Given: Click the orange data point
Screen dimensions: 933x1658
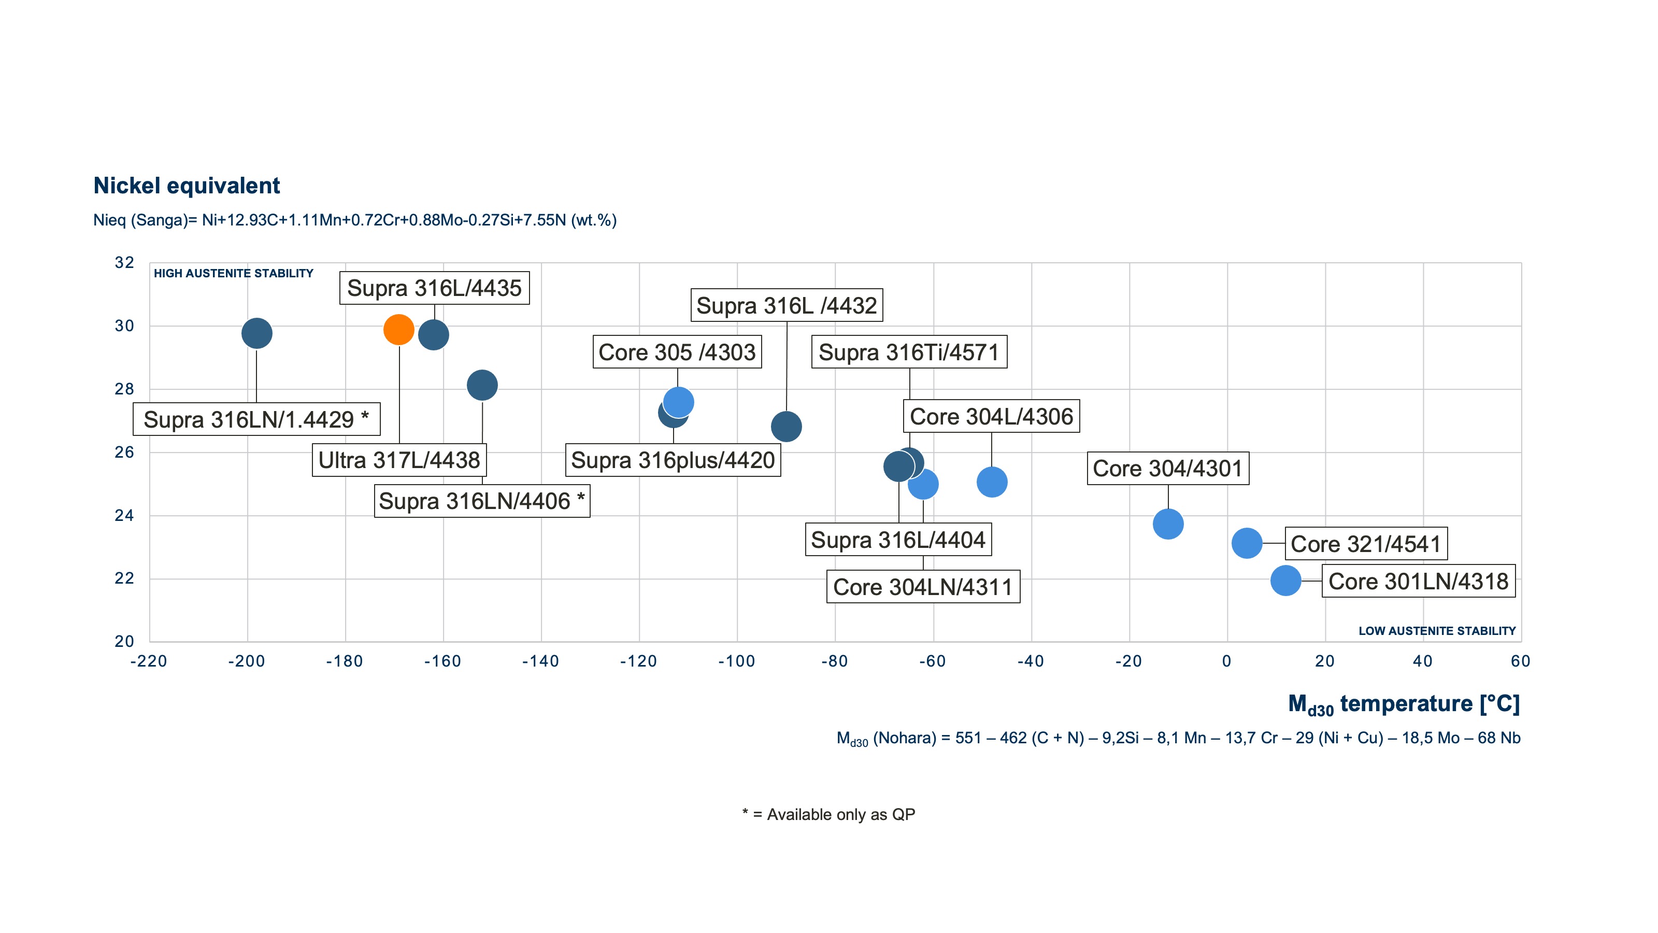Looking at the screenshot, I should point(398,330).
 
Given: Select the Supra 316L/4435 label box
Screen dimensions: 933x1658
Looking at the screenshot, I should point(435,288).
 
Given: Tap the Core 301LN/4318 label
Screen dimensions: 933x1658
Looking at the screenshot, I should point(1418,582).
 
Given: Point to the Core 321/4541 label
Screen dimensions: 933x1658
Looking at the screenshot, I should point(1366,544).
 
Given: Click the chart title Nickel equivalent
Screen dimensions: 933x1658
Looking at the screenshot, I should point(187,186).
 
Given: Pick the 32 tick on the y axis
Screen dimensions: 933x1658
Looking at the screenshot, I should point(124,263).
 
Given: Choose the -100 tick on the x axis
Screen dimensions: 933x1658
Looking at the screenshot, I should point(736,661).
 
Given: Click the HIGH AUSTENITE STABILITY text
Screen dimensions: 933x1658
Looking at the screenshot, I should point(233,274).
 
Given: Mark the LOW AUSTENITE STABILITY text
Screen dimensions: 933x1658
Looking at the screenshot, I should point(1437,631).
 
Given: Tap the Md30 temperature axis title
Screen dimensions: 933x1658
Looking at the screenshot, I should point(1403,704).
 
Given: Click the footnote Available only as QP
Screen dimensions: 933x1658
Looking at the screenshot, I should point(828,814).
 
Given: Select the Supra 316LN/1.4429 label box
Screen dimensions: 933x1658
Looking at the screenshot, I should point(256,420).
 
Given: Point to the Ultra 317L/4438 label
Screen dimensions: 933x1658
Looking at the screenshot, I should point(399,460).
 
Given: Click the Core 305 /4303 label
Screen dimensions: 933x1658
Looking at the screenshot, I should point(677,352).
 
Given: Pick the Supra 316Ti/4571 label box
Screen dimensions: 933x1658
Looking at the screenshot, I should point(909,352).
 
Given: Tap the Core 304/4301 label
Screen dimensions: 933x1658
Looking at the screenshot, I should point(1167,469).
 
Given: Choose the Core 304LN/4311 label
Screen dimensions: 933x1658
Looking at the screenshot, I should point(923,587).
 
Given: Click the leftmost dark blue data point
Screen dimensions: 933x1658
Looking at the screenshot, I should point(257,333).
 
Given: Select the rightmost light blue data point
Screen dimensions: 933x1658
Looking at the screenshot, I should point(1285,581).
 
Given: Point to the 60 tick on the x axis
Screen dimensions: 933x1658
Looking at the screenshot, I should point(1520,661).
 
